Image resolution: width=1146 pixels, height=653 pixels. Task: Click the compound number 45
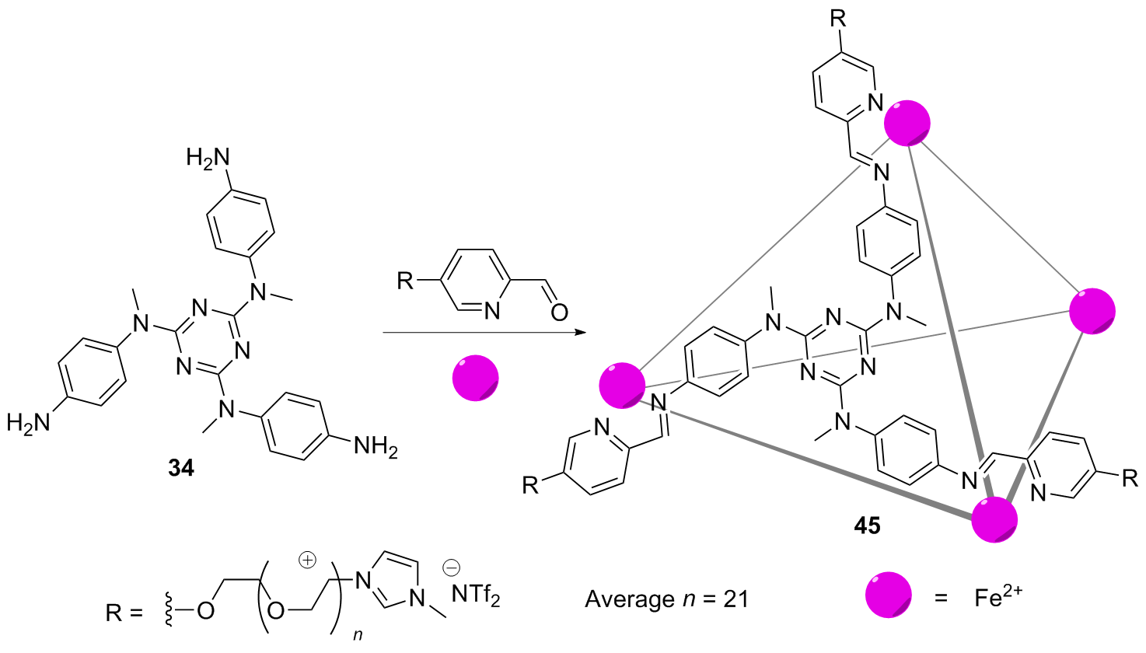point(867,526)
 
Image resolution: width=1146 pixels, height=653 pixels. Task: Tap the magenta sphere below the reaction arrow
point(476,378)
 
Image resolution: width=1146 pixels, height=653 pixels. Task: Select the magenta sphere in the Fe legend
point(889,595)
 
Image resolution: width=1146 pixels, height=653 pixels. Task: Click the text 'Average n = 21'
point(666,599)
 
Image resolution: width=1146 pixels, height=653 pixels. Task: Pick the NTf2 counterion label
point(475,596)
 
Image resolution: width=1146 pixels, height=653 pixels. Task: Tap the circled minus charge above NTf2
point(451,568)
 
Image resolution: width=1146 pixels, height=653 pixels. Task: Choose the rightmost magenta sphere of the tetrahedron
point(1092,311)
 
